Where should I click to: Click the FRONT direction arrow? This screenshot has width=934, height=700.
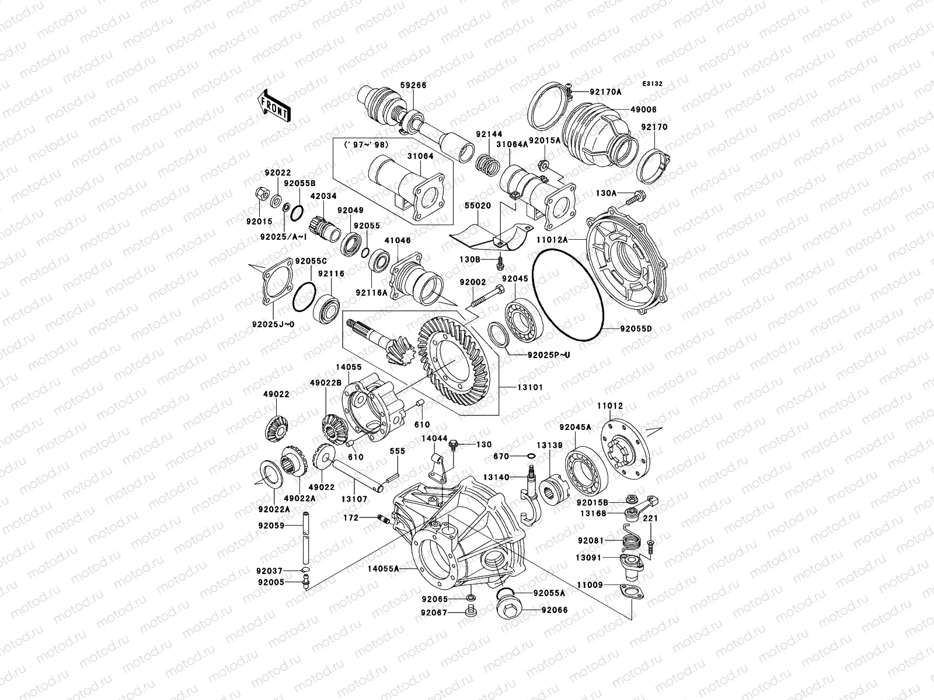[275, 106]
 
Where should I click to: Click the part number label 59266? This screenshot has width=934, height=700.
[413, 85]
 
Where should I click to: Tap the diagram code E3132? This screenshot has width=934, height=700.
[653, 84]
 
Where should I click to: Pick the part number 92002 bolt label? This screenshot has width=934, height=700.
[472, 282]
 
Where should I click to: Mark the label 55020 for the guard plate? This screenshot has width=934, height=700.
[478, 206]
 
